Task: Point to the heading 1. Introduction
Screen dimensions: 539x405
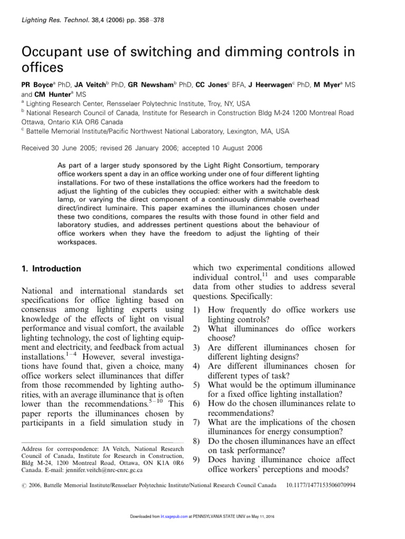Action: [51, 268]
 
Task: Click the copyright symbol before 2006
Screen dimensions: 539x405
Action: [24, 484]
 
